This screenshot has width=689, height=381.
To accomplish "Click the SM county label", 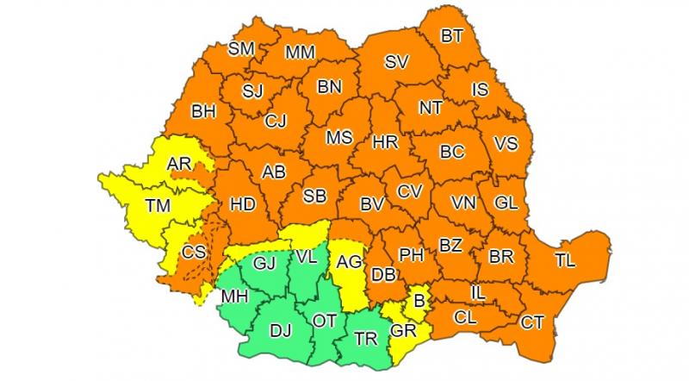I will (241, 49).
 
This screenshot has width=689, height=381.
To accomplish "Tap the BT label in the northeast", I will (452, 37).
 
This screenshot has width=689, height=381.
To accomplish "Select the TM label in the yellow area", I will (158, 205).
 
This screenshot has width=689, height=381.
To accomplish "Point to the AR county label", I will (179, 164).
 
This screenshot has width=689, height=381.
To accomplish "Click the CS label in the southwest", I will (194, 253).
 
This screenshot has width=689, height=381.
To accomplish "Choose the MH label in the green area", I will (234, 297).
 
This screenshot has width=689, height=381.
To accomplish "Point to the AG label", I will (349, 262).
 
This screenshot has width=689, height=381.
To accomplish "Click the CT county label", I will (532, 323).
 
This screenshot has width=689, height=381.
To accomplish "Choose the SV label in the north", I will (396, 62).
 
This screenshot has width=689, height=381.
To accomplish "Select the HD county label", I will (243, 205).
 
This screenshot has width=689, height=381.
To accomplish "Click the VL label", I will (306, 256).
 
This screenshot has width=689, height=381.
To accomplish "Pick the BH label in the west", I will (203, 111).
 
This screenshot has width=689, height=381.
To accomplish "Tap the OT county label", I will (325, 321).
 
